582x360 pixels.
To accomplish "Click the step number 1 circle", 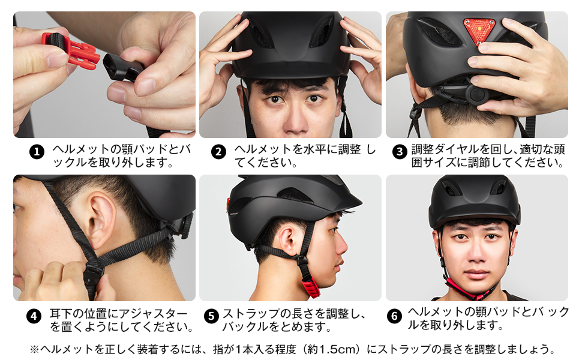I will tap(37, 152).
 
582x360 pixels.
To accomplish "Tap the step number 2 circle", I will tap(218, 152).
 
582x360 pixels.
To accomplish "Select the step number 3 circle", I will tap(400, 152).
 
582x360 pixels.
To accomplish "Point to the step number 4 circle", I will tap(34, 316).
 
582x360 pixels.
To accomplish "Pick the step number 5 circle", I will tap(211, 316).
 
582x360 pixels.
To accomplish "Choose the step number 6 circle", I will tap(394, 316).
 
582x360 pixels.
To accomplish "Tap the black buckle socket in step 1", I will tap(123, 66).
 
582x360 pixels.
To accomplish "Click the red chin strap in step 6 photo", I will tap(474, 291).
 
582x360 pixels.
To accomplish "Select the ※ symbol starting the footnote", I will tap(34, 349).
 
